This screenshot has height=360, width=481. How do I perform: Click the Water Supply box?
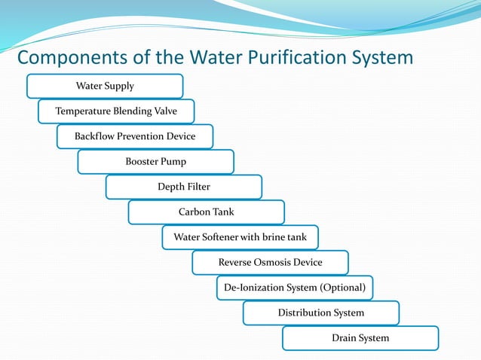coord(105,86)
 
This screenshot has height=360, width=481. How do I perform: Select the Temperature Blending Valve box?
coord(116,111)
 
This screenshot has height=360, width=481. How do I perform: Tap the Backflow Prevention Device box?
coord(135,136)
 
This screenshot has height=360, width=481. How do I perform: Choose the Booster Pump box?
coord(155,161)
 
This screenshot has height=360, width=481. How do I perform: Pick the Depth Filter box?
coord(184,187)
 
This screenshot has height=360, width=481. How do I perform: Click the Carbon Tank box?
coord(206,212)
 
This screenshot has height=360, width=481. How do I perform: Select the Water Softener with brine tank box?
coord(240,237)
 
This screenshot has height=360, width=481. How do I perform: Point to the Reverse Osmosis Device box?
coord(270,262)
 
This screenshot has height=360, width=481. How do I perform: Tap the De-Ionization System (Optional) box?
coord(294,288)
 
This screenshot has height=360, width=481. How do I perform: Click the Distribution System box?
coord(321,313)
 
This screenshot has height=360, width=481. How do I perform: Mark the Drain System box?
coord(360,338)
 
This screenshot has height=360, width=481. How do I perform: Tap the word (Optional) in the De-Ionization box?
coord(342,288)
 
